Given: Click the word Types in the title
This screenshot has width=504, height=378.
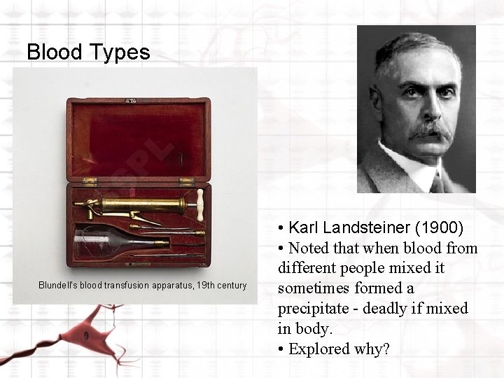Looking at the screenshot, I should tap(123, 52).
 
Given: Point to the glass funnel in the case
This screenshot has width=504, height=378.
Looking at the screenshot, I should tap(112, 241).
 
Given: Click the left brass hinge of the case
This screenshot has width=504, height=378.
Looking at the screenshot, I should tap(89, 181).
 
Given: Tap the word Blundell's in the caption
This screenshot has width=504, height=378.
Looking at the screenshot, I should tap(60, 286).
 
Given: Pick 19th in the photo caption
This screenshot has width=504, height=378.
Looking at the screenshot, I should tap(206, 286).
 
